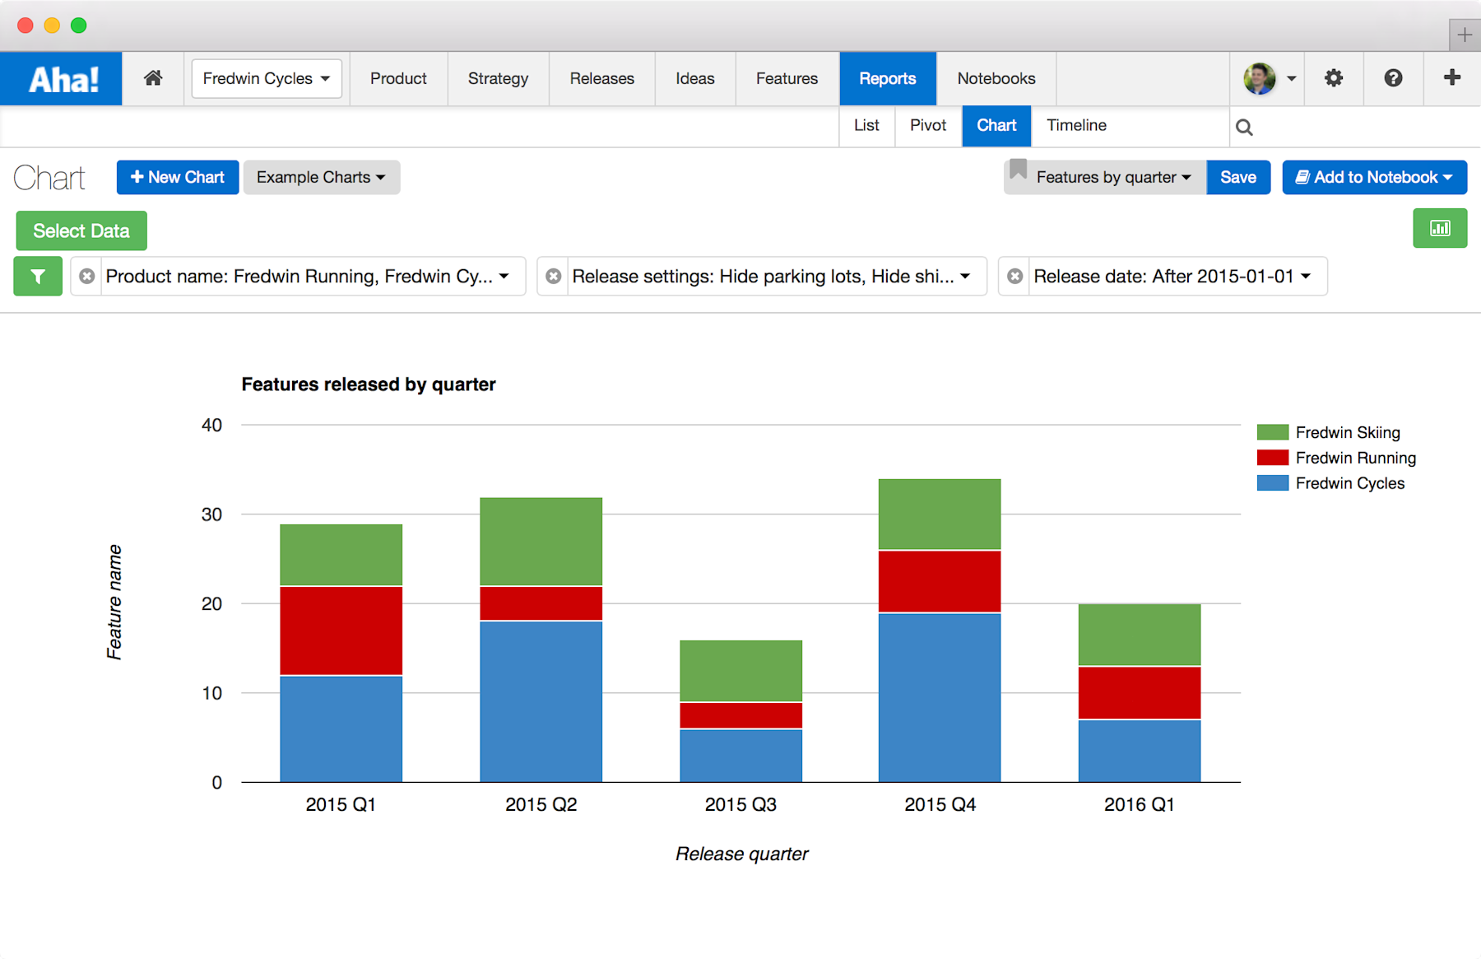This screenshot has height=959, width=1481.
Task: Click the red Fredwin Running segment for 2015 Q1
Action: pos(341,631)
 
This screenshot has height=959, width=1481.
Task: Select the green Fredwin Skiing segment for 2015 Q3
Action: pos(740,671)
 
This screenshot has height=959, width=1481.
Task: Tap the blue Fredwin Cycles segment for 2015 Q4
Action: pos(940,697)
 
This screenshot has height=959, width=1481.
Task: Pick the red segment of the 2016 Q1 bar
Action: pos(1139,692)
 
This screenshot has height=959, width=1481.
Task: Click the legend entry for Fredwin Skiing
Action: pos(1347,432)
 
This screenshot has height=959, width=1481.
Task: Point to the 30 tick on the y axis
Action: pos(211,514)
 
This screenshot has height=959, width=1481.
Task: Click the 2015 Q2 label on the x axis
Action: pos(541,804)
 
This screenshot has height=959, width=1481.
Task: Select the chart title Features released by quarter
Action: pos(368,384)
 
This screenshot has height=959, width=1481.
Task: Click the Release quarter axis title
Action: pos(741,854)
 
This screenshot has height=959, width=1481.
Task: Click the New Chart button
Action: pos(178,177)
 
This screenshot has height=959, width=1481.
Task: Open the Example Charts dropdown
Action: pos(321,177)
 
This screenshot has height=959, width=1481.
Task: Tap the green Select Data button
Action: pos(81,230)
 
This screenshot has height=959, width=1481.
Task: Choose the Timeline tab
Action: pos(1076,125)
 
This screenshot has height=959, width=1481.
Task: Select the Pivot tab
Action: pos(928,125)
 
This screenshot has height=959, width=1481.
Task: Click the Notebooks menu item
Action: pos(996,78)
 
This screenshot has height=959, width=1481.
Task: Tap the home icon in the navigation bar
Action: pos(153,78)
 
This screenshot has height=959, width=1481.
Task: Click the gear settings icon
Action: pos(1333,78)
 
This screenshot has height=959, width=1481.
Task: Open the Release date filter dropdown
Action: pos(1171,277)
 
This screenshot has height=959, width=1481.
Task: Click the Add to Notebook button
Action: pos(1374,177)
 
